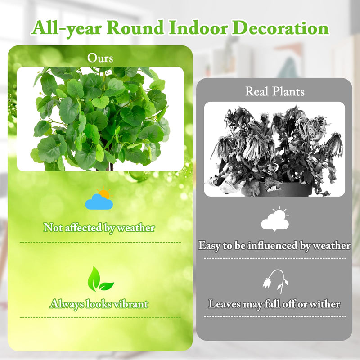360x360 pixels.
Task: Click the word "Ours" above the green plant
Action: coord(100,58)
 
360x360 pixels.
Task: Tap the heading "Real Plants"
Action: coord(274,91)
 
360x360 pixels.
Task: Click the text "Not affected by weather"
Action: coord(99,228)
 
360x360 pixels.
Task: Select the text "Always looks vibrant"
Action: coord(99,304)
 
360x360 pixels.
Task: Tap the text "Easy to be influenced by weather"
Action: coord(274,246)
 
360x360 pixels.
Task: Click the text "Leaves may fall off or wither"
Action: coord(274,304)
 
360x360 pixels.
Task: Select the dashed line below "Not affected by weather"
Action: coord(100,242)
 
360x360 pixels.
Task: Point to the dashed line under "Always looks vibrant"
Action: coord(100,317)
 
